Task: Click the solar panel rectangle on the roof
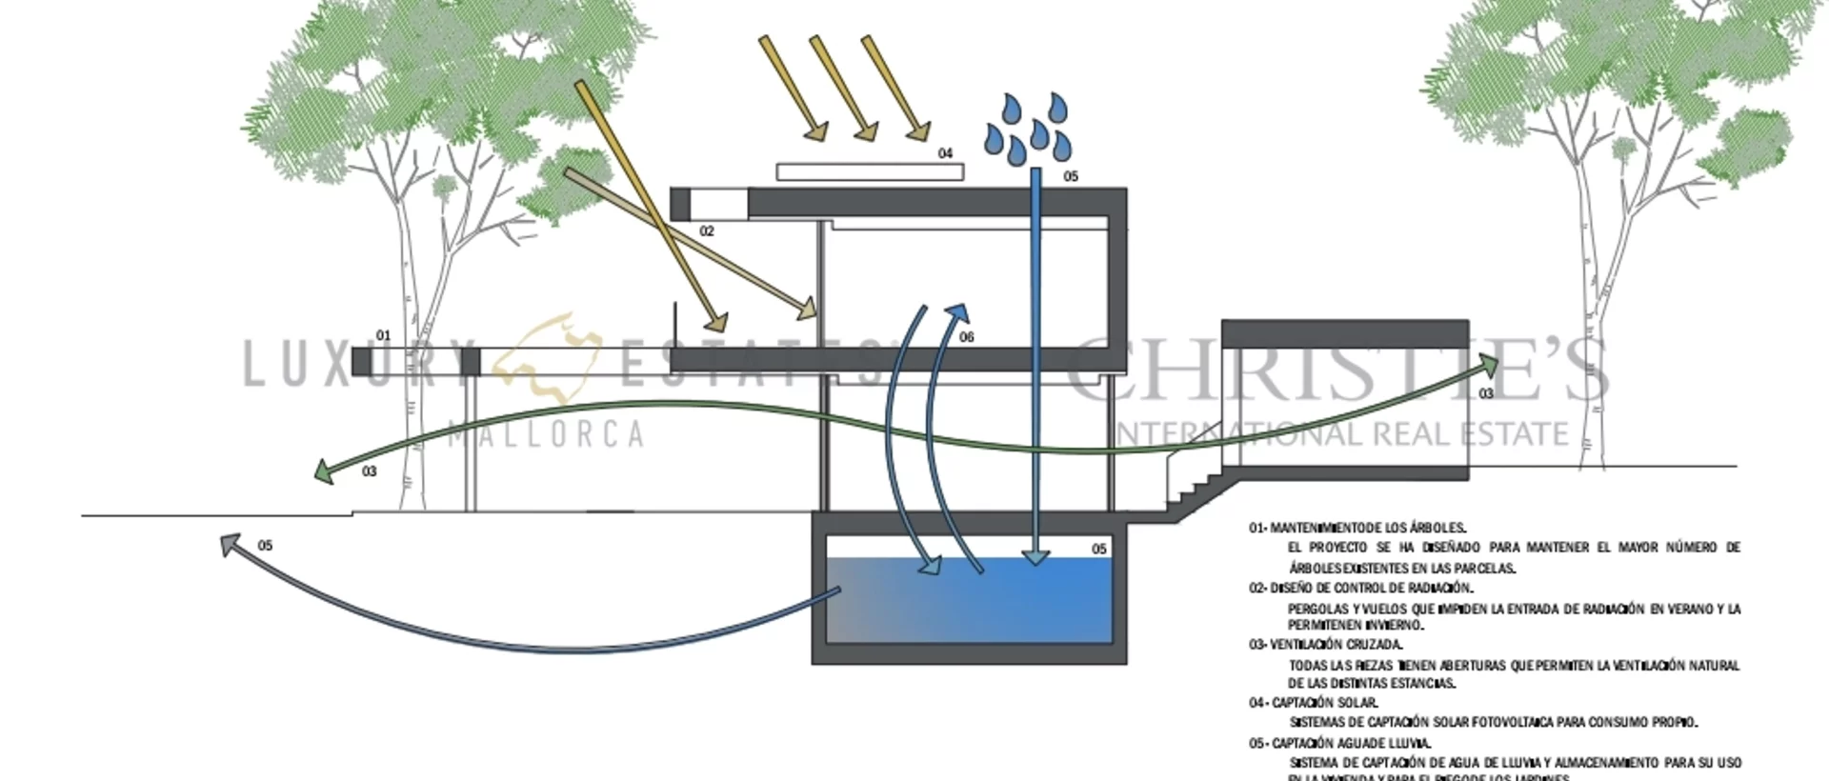(x=869, y=172)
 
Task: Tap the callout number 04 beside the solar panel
(x=945, y=153)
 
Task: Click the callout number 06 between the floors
(x=967, y=337)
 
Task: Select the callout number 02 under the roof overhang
(x=707, y=231)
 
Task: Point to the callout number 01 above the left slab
(x=383, y=335)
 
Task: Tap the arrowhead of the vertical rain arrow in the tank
(x=1035, y=557)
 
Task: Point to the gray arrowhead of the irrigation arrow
(x=230, y=544)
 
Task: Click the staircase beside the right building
(x=1196, y=482)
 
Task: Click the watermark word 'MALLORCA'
(x=545, y=434)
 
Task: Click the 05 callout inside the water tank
(x=1098, y=549)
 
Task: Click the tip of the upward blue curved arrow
(x=959, y=312)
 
